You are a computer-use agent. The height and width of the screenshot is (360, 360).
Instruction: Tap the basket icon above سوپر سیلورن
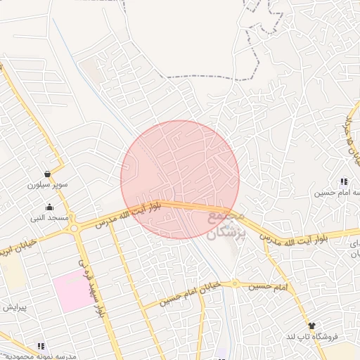point(47,174)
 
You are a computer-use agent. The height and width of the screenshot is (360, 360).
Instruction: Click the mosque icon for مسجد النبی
point(49,207)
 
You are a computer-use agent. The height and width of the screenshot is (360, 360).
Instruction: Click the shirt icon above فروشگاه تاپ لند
point(311,326)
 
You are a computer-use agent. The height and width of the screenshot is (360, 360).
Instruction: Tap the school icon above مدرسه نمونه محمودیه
point(41,345)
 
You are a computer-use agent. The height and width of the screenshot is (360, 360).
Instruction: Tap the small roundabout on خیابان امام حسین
point(236,285)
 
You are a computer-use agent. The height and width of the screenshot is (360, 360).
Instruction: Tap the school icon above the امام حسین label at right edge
point(344,181)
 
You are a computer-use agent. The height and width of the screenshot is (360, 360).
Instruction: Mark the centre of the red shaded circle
point(180,180)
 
